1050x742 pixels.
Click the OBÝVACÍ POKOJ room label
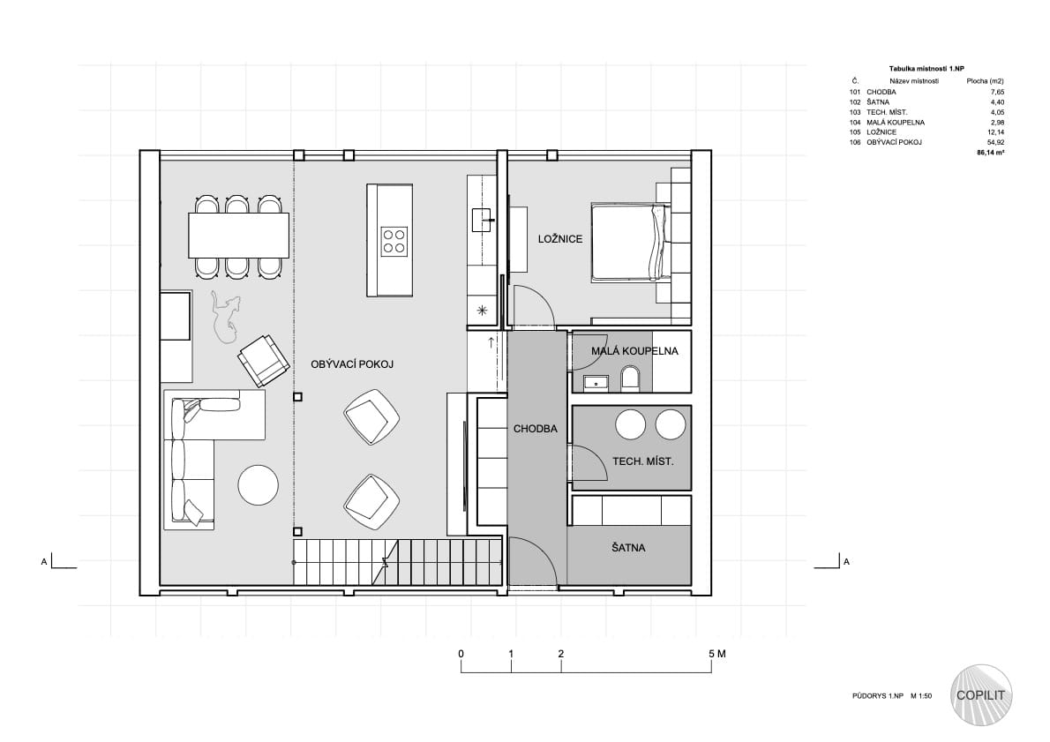click(x=351, y=364)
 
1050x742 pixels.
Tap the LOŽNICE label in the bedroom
click(x=560, y=239)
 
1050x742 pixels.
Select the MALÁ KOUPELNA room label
click(x=634, y=351)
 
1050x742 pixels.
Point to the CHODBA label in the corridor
click(x=535, y=429)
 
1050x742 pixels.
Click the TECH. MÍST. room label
click(x=643, y=461)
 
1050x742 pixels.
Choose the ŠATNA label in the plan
click(x=628, y=548)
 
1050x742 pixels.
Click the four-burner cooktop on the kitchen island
click(x=394, y=241)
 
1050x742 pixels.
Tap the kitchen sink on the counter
click(x=482, y=220)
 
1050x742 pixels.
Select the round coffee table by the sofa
click(x=259, y=485)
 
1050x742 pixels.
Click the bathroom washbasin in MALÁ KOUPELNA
click(x=595, y=382)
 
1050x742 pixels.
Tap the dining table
click(x=239, y=235)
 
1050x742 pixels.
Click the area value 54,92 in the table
click(x=996, y=143)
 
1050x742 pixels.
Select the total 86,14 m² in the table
click(x=990, y=153)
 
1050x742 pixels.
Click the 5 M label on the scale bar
click(x=716, y=654)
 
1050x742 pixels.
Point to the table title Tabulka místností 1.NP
click(x=926, y=69)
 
